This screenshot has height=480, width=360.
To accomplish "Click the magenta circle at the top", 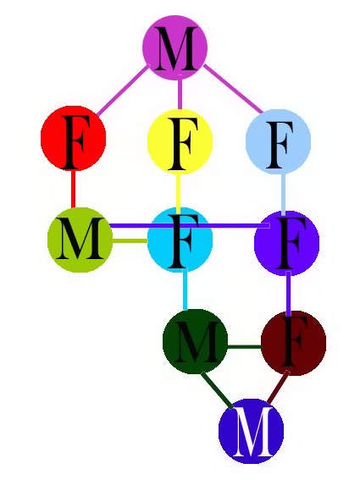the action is click(175, 47).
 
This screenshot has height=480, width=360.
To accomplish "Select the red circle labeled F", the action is click(74, 138).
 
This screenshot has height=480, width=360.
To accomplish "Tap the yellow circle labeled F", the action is click(180, 141).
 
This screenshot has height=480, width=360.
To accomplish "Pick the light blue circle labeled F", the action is click(279, 141).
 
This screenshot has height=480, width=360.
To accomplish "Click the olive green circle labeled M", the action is click(80, 240).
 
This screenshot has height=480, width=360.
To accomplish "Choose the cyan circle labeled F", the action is click(180, 240).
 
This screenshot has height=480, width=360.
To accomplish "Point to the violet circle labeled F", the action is click(287, 243).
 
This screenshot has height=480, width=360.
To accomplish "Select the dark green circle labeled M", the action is click(196, 342).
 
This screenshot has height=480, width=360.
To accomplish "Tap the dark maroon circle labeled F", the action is click(294, 343).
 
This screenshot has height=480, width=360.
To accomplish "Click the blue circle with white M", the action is click(252, 431).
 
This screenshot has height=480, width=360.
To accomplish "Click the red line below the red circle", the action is click(73, 189).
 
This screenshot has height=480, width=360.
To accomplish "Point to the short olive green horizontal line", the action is click(130, 240).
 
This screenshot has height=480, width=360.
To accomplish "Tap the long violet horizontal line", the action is click(190, 226).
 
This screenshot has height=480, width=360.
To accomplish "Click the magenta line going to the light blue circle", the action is click(233, 89).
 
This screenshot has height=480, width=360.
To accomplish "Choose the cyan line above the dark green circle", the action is click(185, 290).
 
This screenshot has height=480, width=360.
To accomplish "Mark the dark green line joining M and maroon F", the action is click(245, 347).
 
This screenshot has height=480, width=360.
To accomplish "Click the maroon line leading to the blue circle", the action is click(278, 386).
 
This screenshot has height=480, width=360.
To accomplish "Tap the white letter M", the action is click(252, 432).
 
